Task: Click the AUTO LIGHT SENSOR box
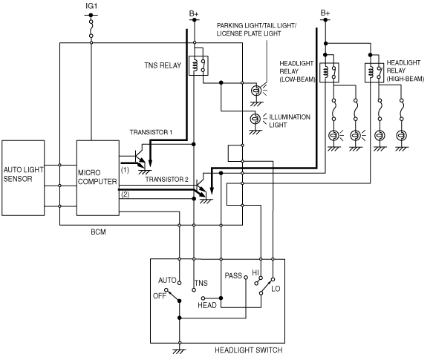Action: click(23, 178)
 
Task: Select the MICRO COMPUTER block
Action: click(98, 178)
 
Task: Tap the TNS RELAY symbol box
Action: click(198, 65)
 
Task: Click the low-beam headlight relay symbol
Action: click(329, 73)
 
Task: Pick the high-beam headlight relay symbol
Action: click(374, 73)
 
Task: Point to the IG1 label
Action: click(91, 6)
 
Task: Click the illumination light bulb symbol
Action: click(255, 119)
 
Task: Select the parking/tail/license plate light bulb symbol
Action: click(256, 91)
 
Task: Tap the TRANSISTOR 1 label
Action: click(151, 132)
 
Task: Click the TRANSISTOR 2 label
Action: click(167, 180)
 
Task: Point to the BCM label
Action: click(98, 232)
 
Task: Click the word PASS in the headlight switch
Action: click(233, 275)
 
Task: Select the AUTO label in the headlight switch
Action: click(167, 281)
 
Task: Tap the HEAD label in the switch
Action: click(207, 305)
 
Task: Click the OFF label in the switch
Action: click(160, 295)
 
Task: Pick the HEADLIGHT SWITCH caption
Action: click(249, 350)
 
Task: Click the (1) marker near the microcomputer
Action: click(125, 170)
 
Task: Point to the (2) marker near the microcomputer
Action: click(125, 194)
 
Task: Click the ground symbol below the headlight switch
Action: click(179, 351)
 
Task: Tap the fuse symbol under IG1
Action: click(91, 28)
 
